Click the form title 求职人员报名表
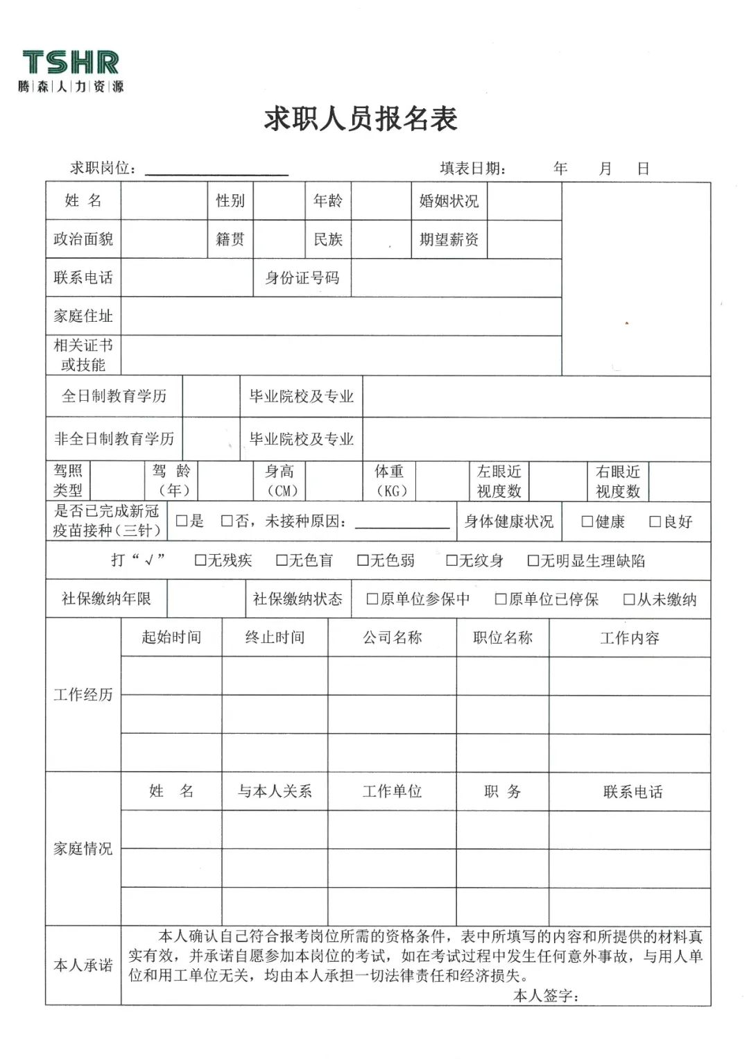point(361,119)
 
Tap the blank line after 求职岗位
point(216,169)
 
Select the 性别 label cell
point(230,201)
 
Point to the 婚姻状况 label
point(449,201)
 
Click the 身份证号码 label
point(302,278)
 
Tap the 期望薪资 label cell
point(449,240)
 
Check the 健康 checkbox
point(587,522)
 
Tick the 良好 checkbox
point(655,522)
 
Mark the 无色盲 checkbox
point(282,560)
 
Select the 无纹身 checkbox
point(452,560)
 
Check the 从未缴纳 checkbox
point(629,600)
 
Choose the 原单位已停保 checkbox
point(501,600)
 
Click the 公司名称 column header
point(392,638)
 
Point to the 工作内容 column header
point(630,638)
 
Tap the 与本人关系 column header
point(275,791)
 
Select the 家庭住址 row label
point(83,316)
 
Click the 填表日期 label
point(473,169)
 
